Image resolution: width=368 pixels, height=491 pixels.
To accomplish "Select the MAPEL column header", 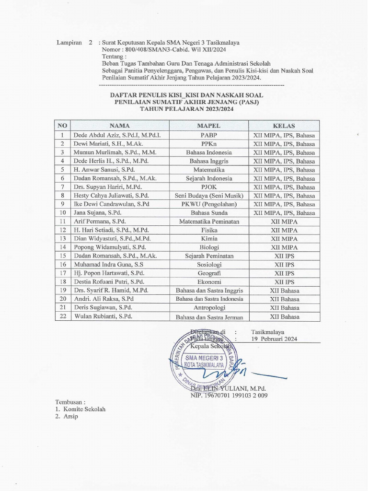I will (208, 126).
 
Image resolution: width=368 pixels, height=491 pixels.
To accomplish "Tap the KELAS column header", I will (284, 126).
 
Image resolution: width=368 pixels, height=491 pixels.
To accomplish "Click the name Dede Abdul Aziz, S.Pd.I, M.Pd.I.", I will (117, 135).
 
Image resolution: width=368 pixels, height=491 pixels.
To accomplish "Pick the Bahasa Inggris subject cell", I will (208, 161).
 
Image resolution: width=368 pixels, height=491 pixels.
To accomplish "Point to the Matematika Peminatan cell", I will (208, 222).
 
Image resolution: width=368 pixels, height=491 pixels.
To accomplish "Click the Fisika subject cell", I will (208, 230).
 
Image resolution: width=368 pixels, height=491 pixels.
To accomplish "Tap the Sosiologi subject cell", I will (208, 265).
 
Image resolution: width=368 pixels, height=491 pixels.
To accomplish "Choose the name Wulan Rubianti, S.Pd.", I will (103, 316).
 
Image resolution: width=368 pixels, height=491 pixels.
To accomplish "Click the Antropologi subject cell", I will (208, 307).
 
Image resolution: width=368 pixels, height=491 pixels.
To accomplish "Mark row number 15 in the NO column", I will (63, 256).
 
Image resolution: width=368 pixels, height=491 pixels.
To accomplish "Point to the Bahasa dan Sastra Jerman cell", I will (208, 316).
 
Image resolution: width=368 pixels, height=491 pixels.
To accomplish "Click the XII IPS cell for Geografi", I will (284, 273).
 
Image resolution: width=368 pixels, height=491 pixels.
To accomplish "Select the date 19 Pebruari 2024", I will (274, 339).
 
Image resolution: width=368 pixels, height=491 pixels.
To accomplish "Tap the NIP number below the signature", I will (229, 396).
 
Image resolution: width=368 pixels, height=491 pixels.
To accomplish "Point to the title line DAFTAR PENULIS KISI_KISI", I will (186, 95).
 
